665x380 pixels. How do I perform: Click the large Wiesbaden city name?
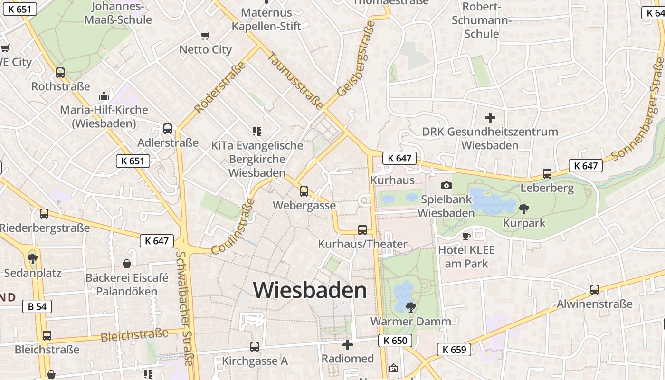pyautogui.click(x=310, y=290)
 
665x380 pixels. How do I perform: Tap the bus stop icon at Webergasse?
pyautogui.click(x=304, y=191)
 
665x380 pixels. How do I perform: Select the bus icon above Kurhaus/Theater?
pyautogui.click(x=362, y=229)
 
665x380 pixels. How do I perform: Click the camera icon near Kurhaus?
pyautogui.click(x=446, y=185)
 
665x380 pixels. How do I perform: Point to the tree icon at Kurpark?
pyautogui.click(x=524, y=208)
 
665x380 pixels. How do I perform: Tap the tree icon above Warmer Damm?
pyautogui.click(x=411, y=306)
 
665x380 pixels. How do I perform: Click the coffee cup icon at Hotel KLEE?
pyautogui.click(x=466, y=236)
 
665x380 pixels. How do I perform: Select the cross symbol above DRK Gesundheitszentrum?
pyautogui.click(x=490, y=117)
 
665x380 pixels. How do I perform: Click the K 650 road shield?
pyautogui.click(x=395, y=341)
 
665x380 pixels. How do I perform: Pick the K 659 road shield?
pyautogui.click(x=454, y=350)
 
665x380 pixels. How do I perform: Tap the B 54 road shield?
pyautogui.click(x=37, y=306)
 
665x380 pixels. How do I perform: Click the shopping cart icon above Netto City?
pyautogui.click(x=205, y=36)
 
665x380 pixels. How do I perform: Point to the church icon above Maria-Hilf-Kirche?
pyautogui.click(x=104, y=96)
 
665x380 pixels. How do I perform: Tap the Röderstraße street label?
pyautogui.click(x=220, y=87)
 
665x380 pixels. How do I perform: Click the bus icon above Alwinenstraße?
pyautogui.click(x=594, y=289)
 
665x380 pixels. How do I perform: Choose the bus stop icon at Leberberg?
pyautogui.click(x=547, y=174)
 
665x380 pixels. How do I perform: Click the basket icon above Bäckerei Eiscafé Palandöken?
pyautogui.click(x=127, y=263)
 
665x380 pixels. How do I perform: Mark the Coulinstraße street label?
pyautogui.click(x=233, y=227)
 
